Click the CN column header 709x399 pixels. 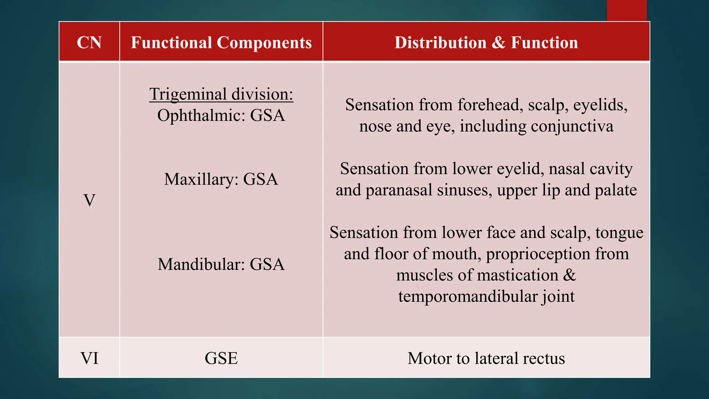coord(89,43)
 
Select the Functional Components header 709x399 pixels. coord(221,43)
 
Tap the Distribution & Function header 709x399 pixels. coord(486,43)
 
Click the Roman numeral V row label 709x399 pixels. coord(89,200)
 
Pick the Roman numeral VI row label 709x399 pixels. coord(89,358)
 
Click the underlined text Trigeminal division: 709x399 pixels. coord(221,94)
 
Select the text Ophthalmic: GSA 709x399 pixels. coord(221,115)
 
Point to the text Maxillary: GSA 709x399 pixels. coord(221,179)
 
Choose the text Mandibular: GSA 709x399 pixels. coord(221,264)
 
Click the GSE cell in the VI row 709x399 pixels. coord(221,358)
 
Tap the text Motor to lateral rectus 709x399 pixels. coord(486,358)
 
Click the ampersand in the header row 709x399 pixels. coord(499,43)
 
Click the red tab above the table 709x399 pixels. coord(627,10)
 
